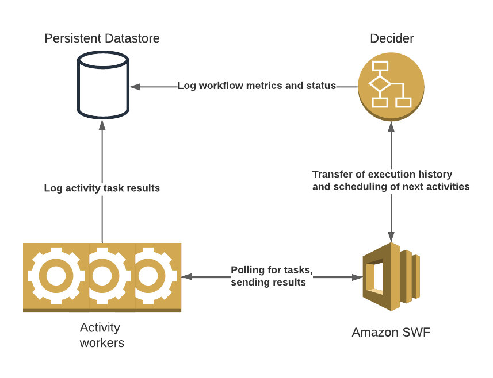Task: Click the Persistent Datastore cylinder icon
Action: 102,84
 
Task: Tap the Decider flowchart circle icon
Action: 391,86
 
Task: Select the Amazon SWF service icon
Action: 391,276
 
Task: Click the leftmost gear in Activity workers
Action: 56,276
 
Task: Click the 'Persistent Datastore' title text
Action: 102,38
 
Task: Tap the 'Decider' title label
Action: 391,38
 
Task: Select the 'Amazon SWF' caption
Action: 391,332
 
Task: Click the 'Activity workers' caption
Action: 101,335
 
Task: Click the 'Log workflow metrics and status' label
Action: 257,86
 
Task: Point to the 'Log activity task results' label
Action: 102,188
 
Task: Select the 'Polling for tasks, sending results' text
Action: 272,276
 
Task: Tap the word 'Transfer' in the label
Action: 330,174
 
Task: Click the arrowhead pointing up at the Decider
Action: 391,126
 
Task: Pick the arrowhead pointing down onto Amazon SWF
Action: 391,236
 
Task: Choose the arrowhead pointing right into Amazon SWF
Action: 357,277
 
